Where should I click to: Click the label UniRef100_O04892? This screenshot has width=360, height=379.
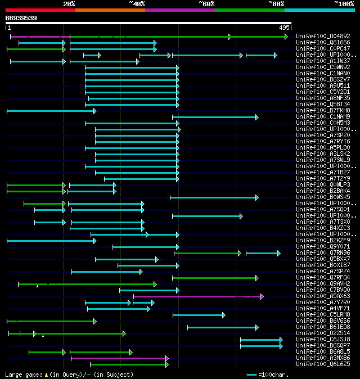pyautogui.click(x=322, y=36)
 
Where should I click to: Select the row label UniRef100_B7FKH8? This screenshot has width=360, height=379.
pyautogui.click(x=322, y=110)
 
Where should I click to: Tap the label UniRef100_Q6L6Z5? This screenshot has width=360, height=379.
pyautogui.click(x=322, y=364)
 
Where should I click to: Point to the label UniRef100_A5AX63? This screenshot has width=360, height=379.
pyautogui.click(x=322, y=296)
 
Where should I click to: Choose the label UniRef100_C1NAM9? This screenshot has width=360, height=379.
pyautogui.click(x=322, y=116)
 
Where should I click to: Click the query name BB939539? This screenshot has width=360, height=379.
pyautogui.click(x=21, y=18)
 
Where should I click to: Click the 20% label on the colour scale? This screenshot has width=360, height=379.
pyautogui.click(x=69, y=4)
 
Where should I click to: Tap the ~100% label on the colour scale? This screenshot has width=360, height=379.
pyautogui.click(x=344, y=4)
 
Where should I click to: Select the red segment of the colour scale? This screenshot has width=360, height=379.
pyautogui.click(x=40, y=10)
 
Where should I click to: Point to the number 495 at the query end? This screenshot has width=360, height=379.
pyautogui.click(x=284, y=27)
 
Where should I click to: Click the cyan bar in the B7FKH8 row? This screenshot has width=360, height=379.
pyautogui.click(x=51, y=111)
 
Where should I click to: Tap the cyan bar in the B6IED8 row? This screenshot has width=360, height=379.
pyautogui.click(x=223, y=327)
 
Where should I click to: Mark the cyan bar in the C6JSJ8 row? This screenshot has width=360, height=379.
pyautogui.click(x=261, y=340)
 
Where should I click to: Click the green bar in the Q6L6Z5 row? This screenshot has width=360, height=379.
pyautogui.click(x=129, y=364)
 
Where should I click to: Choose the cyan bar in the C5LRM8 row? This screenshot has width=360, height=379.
pyautogui.click(x=199, y=315)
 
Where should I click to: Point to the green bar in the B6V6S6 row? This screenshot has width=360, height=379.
pyautogui.click(x=51, y=321)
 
